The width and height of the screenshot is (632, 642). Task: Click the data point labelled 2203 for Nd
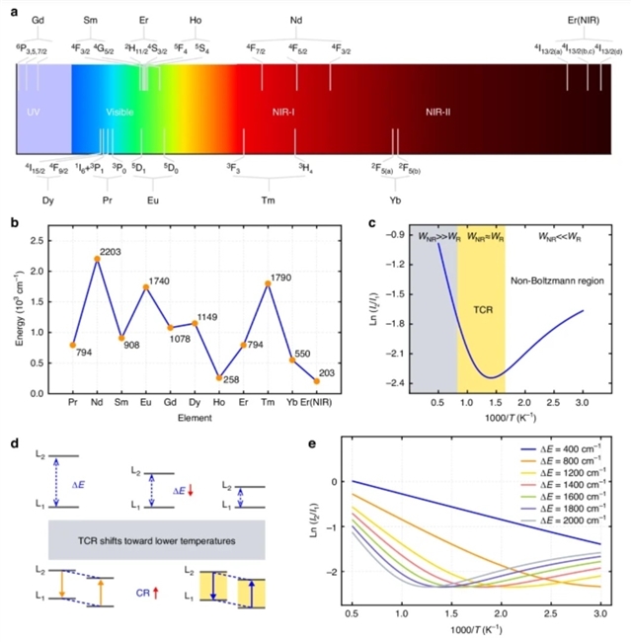click(x=97, y=259)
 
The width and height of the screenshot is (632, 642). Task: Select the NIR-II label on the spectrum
click(x=432, y=112)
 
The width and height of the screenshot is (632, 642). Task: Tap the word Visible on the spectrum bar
click(x=119, y=112)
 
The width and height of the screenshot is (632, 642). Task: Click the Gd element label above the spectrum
click(x=38, y=20)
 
